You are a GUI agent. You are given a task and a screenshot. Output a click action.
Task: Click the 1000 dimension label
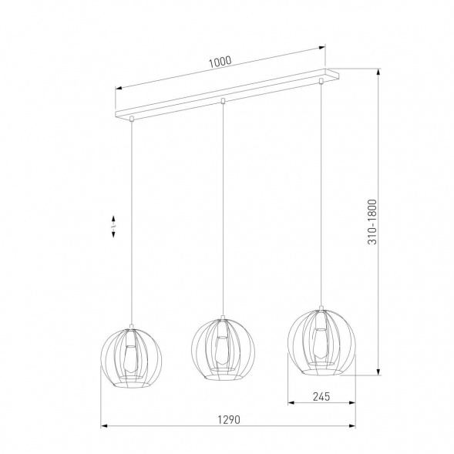(219, 62)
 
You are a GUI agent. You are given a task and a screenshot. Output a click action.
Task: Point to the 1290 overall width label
(227, 420)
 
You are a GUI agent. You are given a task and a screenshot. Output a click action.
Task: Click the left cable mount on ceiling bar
(133, 119)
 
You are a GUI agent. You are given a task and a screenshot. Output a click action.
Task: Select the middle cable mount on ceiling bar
(222, 100)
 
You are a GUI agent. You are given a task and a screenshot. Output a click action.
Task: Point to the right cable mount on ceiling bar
(321, 79)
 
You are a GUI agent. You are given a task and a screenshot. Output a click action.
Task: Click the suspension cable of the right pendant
(321, 193)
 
